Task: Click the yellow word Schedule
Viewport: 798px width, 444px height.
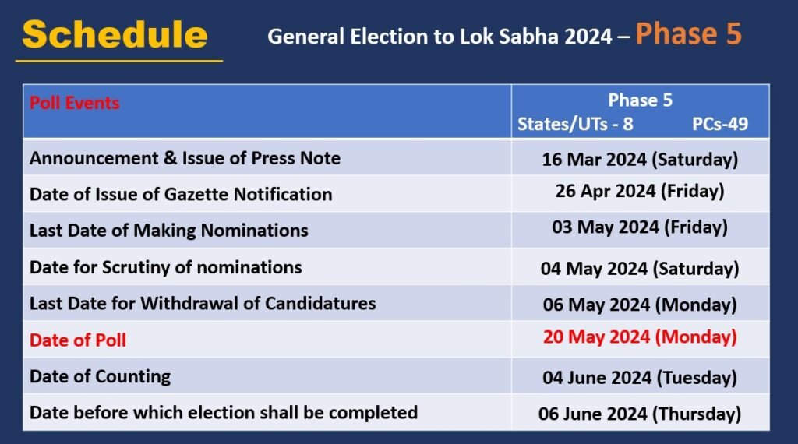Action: click(x=115, y=35)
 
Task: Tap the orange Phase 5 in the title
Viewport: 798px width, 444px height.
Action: click(x=687, y=33)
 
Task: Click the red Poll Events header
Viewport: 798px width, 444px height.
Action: click(x=75, y=103)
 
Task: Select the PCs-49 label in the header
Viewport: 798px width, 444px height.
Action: click(x=720, y=125)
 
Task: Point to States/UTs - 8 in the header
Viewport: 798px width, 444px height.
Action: click(x=575, y=125)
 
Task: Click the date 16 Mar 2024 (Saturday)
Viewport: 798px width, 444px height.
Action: click(x=640, y=160)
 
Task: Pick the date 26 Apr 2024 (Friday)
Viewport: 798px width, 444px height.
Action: click(x=640, y=191)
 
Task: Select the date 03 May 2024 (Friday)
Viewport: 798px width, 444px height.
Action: click(x=640, y=227)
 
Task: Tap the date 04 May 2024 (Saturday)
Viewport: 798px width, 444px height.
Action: click(x=640, y=269)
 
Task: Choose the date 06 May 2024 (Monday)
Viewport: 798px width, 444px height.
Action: click(x=640, y=305)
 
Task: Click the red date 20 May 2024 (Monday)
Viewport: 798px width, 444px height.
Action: click(x=640, y=337)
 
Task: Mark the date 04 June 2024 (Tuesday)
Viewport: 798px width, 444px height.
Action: click(x=640, y=378)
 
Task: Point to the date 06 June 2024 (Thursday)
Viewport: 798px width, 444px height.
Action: click(x=640, y=414)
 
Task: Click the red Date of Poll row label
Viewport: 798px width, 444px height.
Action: click(x=78, y=340)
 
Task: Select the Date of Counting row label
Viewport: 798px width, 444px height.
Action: click(x=100, y=376)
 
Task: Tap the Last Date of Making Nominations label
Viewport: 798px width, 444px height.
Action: click(x=169, y=231)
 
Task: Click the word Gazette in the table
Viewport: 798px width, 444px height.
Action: click(x=193, y=194)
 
